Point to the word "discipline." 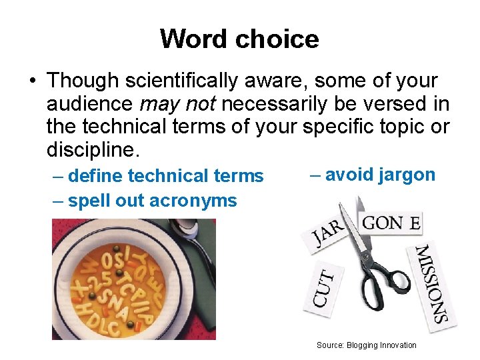click(94, 149)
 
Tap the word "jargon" click(406, 175)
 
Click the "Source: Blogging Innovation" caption click(366, 345)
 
